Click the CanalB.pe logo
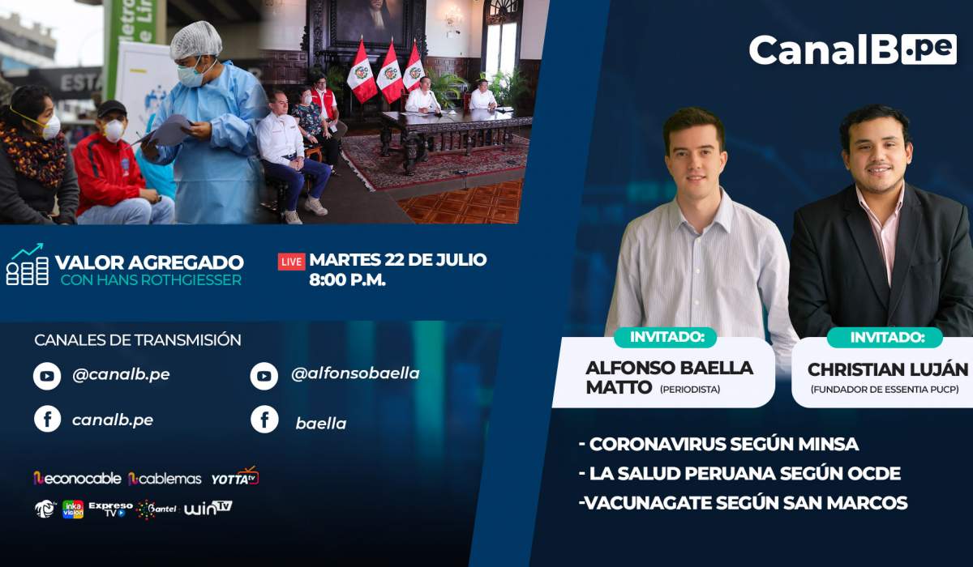point(853,49)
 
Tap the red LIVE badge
point(291,262)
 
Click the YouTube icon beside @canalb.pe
point(47,376)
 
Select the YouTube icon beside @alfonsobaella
point(264,376)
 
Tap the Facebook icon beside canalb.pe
point(47,419)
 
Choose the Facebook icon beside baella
point(264,419)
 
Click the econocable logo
point(77,478)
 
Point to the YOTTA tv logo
point(235,476)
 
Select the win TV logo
point(208,508)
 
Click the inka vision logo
point(73,509)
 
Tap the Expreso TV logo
point(110,509)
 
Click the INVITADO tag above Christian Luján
point(885,338)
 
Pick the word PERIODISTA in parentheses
point(690,390)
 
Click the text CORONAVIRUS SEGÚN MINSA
point(719,444)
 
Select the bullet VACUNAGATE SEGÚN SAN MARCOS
point(744,503)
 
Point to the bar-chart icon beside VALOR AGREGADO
point(27,264)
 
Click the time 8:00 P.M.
point(348,280)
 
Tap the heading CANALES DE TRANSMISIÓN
point(138,340)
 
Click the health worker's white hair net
point(196,40)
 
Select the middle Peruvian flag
point(390,72)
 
